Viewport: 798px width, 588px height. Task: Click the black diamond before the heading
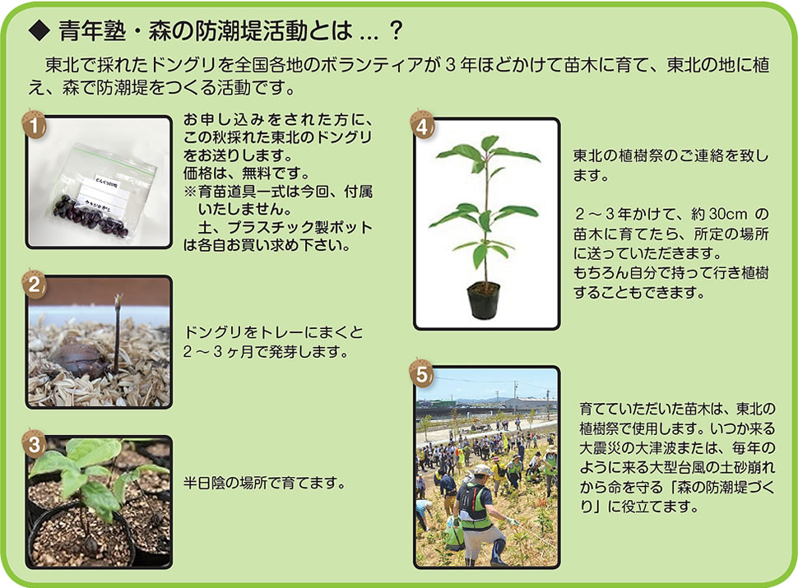tap(39, 31)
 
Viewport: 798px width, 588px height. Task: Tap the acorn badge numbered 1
tap(34, 125)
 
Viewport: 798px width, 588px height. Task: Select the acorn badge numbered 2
tap(34, 283)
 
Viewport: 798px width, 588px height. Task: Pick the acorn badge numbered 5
tap(422, 374)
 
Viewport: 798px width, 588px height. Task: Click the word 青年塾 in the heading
tap(92, 31)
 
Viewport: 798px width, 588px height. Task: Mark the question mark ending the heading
tap(394, 31)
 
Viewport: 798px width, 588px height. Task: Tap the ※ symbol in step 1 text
tap(190, 192)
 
